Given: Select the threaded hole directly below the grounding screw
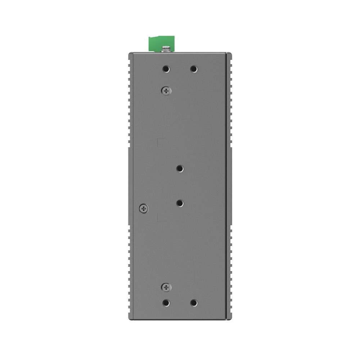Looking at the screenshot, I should pos(166,68).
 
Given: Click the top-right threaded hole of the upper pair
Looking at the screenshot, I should pos(194,68).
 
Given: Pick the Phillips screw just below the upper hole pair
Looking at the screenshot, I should pos(166,91).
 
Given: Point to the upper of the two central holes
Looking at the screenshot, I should pos(180,168).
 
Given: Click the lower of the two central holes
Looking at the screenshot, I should pos(180,203).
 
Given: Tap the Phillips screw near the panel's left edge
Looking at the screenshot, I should pos(143,208).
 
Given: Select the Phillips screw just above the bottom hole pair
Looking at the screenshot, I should pos(166,287).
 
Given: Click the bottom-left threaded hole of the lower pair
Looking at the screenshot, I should pos(166,303).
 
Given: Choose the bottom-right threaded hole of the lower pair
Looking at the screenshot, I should pos(194,303).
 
